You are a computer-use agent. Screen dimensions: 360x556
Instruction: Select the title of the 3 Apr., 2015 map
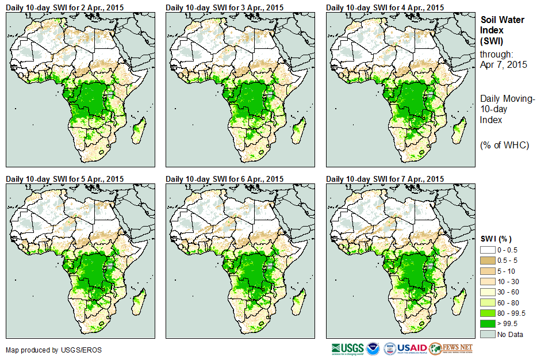point(225,7)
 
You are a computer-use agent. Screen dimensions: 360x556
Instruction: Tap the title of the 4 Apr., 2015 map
point(385,7)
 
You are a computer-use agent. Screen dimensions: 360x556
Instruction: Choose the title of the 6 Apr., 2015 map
point(225,179)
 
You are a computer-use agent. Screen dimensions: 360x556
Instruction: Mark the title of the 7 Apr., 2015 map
point(385,179)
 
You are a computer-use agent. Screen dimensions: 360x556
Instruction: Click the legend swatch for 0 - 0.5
point(487,250)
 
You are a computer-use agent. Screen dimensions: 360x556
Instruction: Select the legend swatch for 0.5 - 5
point(487,261)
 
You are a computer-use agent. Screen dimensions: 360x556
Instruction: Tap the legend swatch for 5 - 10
point(487,271)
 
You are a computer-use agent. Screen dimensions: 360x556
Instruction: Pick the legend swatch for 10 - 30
point(487,281)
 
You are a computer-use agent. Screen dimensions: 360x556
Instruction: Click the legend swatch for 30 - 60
point(487,292)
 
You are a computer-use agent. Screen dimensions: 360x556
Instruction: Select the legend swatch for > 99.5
point(487,323)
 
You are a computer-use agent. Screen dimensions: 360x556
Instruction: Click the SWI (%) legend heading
point(496,239)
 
